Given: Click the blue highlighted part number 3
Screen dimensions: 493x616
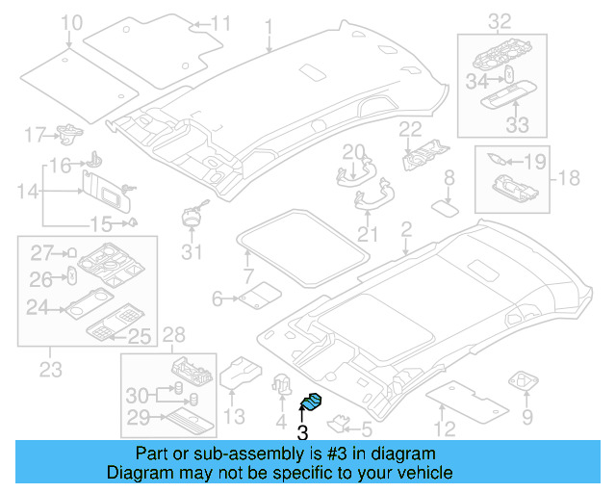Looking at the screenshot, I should [313, 404].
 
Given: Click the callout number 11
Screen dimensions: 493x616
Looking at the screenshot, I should [220, 23].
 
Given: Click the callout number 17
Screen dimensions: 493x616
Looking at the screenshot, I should [35, 133].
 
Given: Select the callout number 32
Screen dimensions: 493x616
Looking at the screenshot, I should [500, 20].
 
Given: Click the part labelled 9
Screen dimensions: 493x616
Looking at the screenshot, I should [526, 381].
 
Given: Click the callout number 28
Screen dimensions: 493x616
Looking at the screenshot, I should [173, 333].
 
